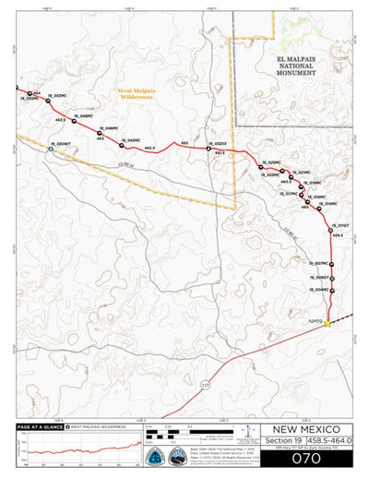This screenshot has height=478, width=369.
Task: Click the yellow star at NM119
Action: [x=327, y=322]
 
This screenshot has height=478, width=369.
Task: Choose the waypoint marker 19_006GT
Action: [x=332, y=278]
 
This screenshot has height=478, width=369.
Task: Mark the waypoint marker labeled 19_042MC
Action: [x=122, y=144]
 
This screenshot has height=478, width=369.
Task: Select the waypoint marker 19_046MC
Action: [x=99, y=133]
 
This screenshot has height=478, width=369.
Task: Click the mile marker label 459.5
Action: [x=338, y=235]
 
